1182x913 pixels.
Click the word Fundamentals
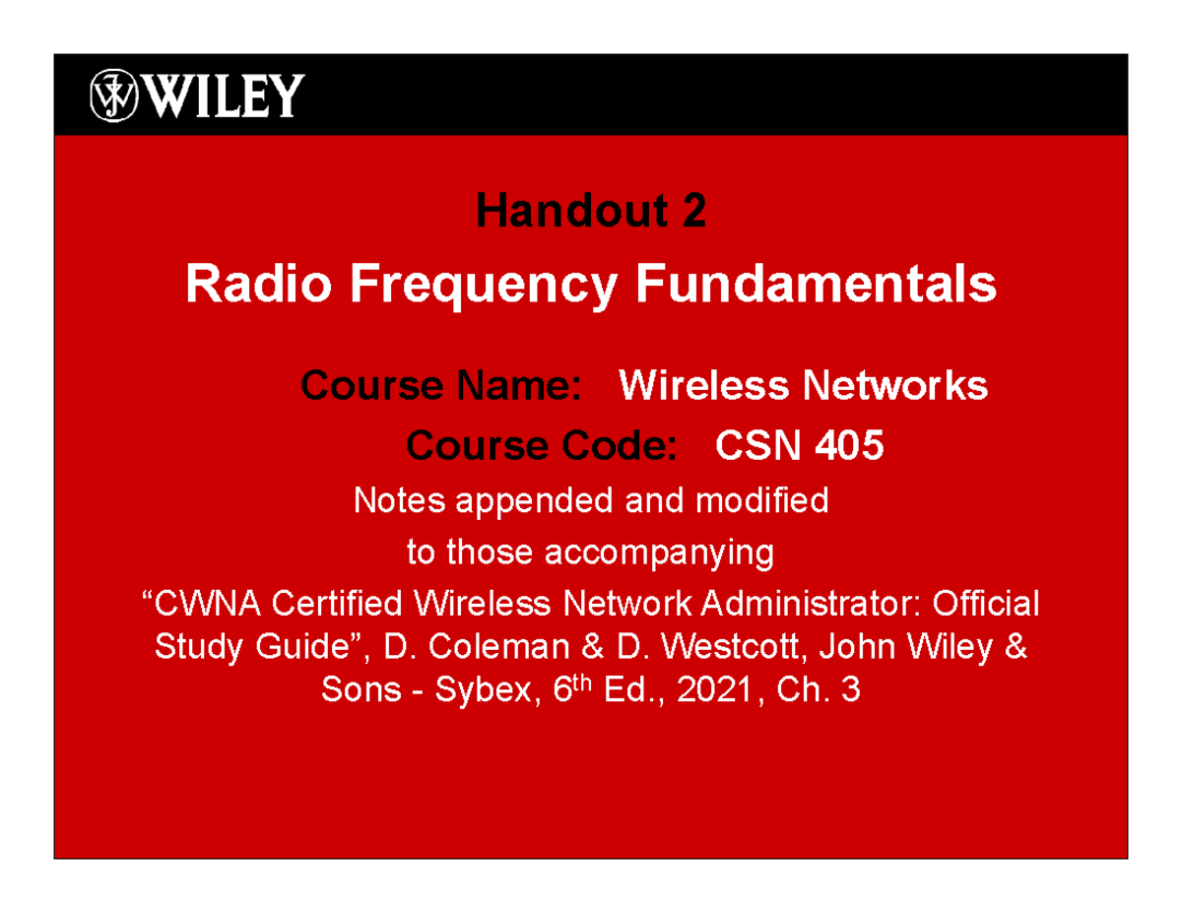(815, 285)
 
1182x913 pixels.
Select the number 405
(848, 446)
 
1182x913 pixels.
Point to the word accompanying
(659, 553)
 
